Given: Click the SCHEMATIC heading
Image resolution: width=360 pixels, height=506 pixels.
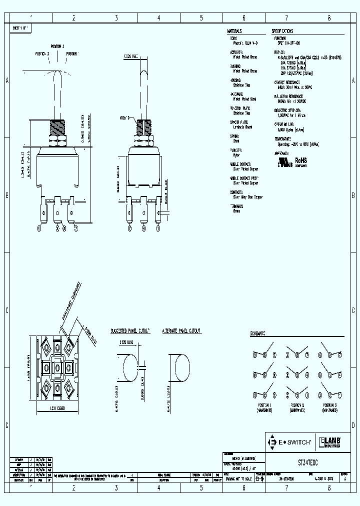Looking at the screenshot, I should click(257, 333).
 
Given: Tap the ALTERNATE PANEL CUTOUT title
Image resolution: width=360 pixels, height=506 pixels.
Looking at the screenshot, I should click(181, 331).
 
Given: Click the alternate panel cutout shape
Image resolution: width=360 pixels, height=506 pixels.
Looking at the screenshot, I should click(179, 368).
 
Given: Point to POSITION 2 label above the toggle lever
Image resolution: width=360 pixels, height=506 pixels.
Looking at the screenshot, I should click(56, 46).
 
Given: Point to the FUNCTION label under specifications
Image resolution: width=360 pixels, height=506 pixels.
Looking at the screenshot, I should click(280, 38).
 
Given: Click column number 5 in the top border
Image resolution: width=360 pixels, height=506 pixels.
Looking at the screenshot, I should click(201, 18).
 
